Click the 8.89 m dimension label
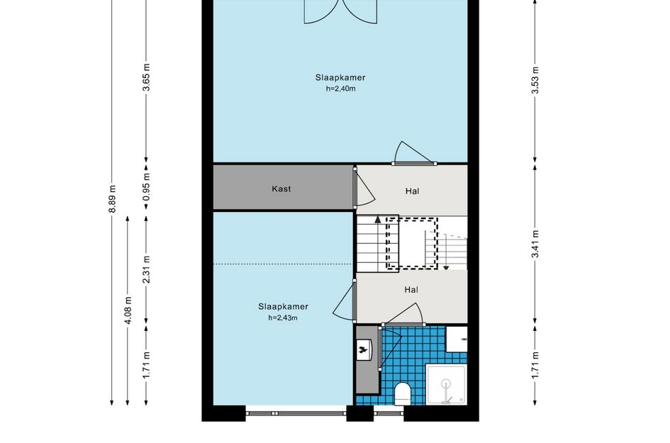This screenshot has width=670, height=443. point(112,198)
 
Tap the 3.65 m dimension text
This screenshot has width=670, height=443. point(147,77)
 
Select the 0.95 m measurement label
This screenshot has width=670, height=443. point(147,186)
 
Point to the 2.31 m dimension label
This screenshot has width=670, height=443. point(147,269)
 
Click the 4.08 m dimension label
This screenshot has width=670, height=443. point(128,310)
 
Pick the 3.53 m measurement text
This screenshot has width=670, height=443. point(535,80)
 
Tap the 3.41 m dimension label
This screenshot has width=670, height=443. point(535,244)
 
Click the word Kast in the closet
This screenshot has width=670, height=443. point(281,189)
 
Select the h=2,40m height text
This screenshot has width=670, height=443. point(340,89)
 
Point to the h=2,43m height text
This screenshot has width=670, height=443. point(283,318)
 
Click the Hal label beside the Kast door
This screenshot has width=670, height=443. point(412,191)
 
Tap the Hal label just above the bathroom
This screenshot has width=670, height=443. point(411,290)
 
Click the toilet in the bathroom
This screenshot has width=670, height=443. point(403,393)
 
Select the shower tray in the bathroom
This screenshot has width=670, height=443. point(447,384)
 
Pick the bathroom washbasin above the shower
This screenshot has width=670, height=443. point(457,340)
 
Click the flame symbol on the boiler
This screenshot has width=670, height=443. point(364,349)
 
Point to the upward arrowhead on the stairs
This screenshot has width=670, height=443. point(378,220)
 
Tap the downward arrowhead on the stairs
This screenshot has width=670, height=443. point(446,267)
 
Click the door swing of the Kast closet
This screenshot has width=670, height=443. point(366,188)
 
